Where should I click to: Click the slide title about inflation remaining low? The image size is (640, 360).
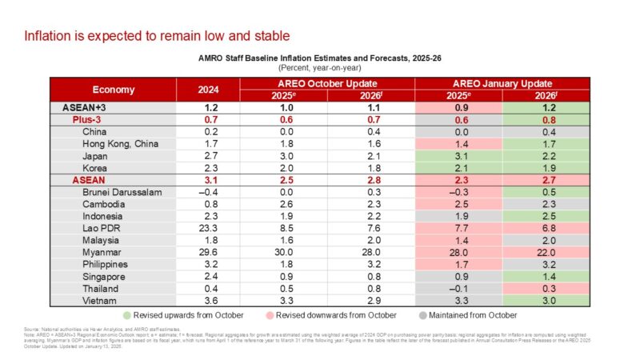(x=156, y=36)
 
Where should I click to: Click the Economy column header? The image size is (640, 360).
(x=113, y=90)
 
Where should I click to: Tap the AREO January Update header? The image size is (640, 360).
(x=503, y=83)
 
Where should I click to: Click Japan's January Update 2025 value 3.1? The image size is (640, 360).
(x=459, y=156)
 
